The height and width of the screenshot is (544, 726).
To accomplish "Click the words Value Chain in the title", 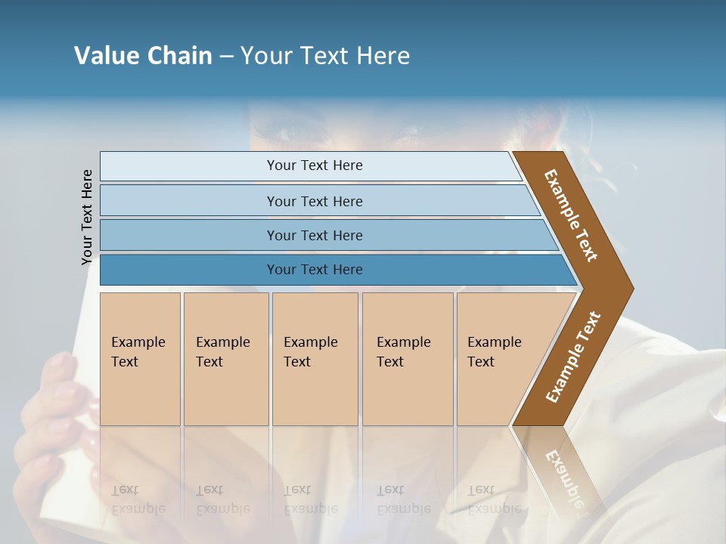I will (143, 56).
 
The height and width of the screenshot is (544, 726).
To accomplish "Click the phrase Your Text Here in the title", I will (325, 56).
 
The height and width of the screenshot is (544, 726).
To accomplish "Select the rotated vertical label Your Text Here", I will (87, 217).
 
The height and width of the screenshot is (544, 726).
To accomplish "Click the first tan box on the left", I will (140, 359).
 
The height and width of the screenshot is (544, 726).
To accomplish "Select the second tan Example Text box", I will (225, 359).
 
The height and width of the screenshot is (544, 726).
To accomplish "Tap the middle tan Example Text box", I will (315, 359).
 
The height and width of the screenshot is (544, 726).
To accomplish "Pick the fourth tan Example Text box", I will (408, 359).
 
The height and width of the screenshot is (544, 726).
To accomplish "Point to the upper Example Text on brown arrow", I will (571, 215).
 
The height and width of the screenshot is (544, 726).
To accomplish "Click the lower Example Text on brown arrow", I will (572, 357).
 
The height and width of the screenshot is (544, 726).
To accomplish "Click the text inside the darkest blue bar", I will (315, 270).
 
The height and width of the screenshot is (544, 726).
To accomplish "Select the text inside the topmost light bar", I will (315, 165).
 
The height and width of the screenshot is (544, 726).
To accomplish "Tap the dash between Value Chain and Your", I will (226, 57).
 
